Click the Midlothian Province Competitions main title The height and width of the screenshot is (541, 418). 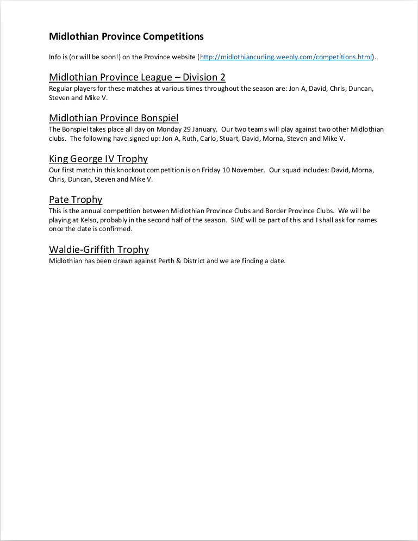tap(126, 36)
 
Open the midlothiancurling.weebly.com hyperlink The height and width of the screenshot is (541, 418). tap(286, 57)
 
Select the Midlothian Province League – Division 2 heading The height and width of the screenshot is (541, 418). tap(137, 77)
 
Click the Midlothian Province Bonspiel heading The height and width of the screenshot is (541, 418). tap(114, 118)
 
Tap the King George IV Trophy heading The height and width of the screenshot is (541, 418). tap(98, 159)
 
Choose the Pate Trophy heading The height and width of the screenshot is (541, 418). tap(76, 200)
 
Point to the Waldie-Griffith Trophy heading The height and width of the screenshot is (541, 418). tap(99, 250)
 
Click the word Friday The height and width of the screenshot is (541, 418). tap(213, 170)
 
